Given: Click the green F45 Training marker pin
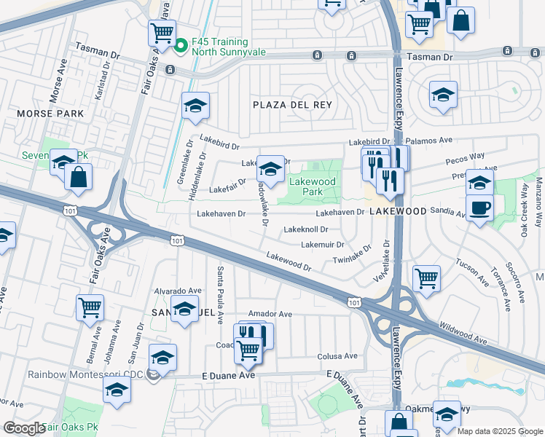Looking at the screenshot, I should point(181,45).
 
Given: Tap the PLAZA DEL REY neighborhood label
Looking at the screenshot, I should point(292,105).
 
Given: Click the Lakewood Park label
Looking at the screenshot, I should point(313,186).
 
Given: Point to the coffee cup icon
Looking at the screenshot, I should point(479,208).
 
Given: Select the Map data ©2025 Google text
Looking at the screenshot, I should point(500,431).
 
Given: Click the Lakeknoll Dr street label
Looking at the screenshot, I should point(306,229).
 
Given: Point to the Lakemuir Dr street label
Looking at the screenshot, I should point(322,245).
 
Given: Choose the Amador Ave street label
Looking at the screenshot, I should point(270,314).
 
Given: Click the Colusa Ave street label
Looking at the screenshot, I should point(337,356).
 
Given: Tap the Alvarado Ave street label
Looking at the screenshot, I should point(177,291).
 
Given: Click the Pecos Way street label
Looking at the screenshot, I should point(467,157).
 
